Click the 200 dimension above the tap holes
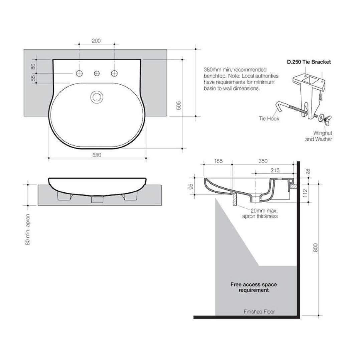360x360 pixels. click(96, 41)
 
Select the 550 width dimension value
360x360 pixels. click(96, 155)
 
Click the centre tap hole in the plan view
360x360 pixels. click(97, 73)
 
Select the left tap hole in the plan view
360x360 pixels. click(79, 73)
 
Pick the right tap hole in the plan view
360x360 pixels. click(115, 73)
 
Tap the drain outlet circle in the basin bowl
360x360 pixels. click(97, 97)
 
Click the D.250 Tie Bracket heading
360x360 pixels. click(309, 62)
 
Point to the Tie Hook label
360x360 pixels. click(269, 119)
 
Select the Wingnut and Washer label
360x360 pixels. click(319, 136)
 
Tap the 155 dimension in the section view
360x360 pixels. click(218, 161)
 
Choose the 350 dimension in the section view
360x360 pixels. click(263, 161)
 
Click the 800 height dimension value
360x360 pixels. click(316, 247)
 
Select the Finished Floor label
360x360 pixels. click(259, 312)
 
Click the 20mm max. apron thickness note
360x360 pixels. click(260, 213)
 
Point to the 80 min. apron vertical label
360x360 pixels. click(28, 229)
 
